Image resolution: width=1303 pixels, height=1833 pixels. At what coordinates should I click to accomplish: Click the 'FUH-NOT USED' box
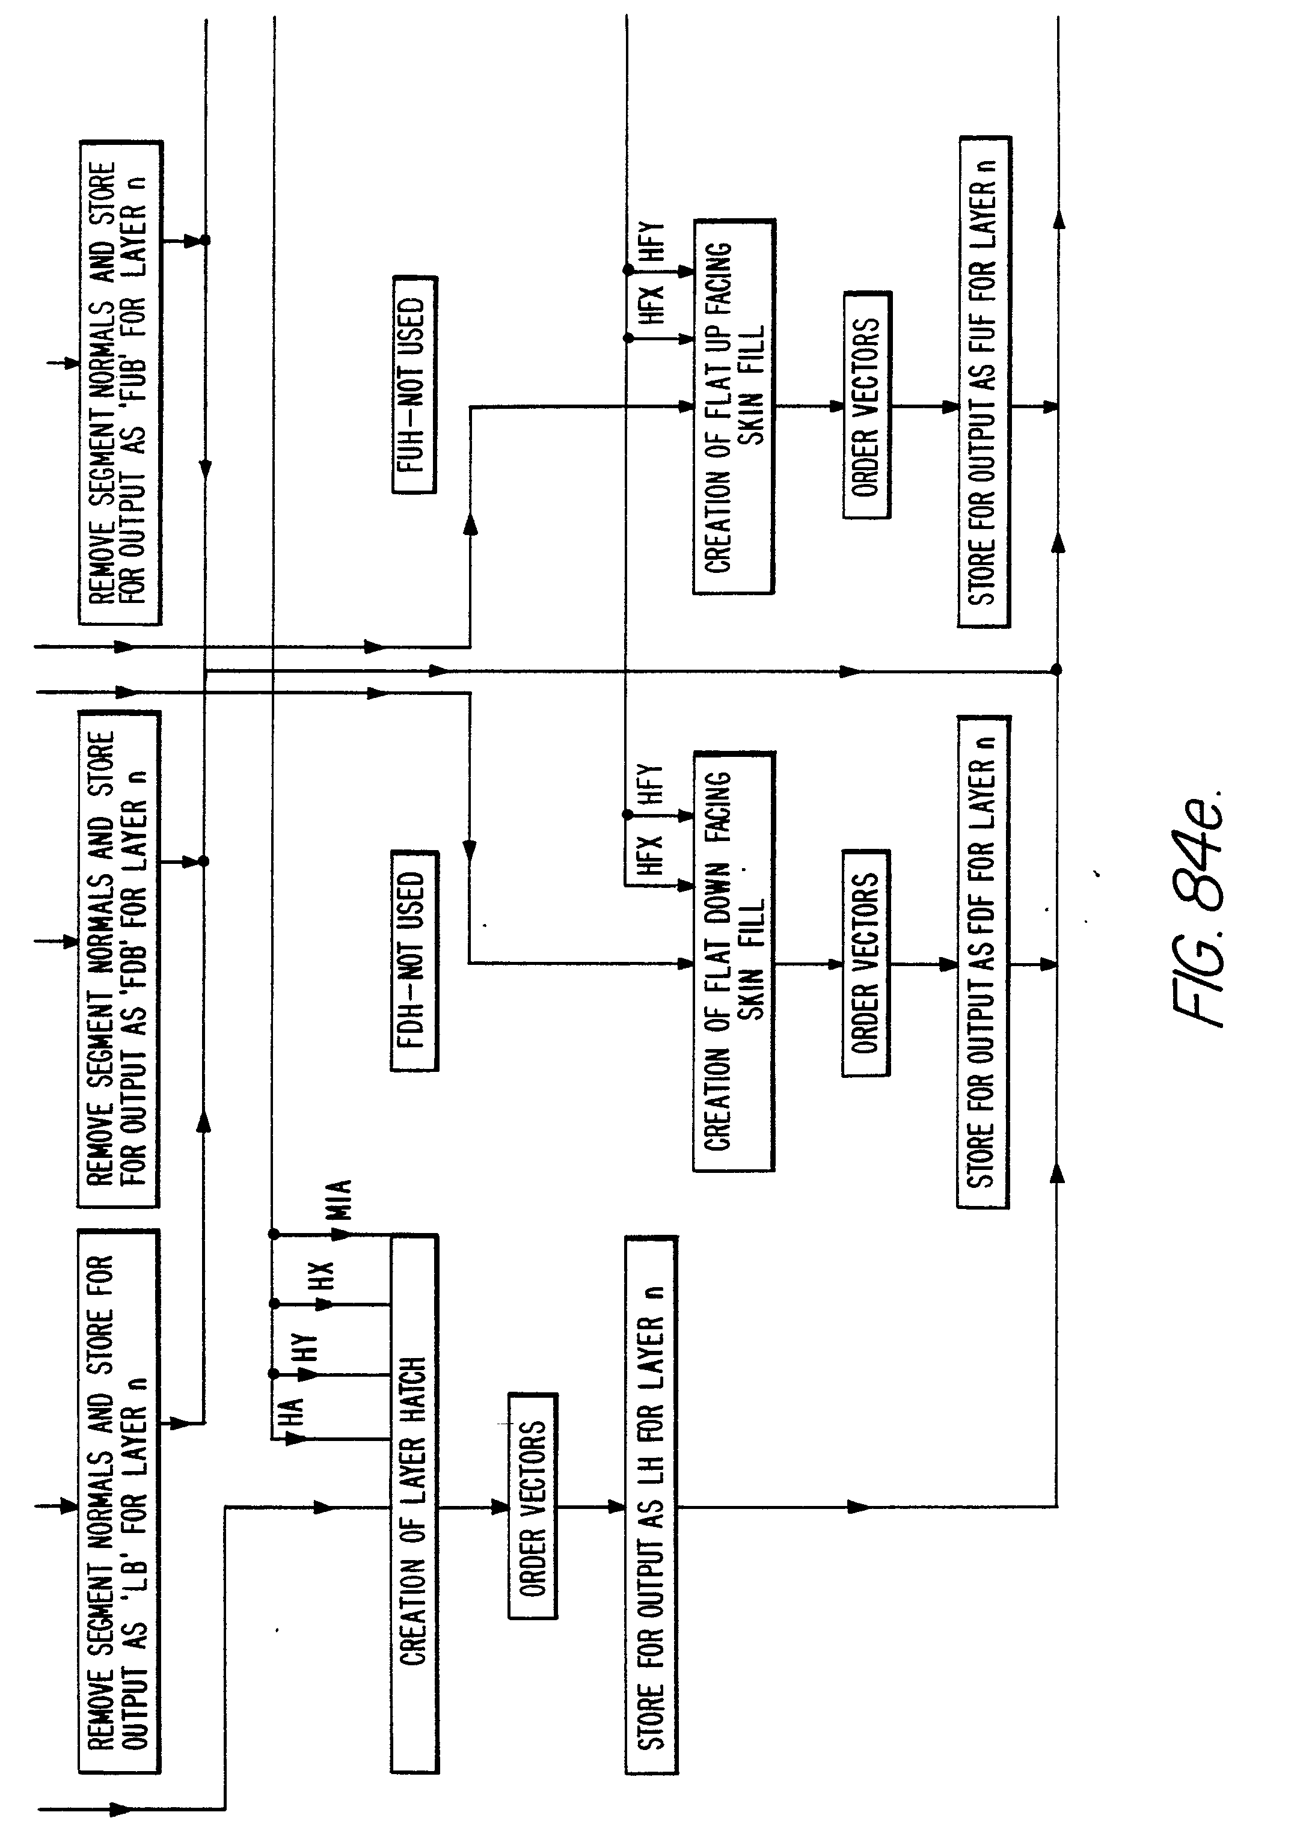pos(414,384)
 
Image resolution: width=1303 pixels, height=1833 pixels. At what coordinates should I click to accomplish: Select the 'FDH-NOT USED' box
pos(414,960)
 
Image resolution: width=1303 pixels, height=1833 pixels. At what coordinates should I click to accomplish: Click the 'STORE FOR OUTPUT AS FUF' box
pos(984,382)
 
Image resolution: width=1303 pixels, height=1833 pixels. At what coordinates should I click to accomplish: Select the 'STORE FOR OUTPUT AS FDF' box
pos(983,961)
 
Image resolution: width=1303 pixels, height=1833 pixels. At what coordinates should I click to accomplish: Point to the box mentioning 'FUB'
pos(120,382)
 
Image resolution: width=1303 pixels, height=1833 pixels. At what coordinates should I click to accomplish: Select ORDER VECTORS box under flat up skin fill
pos(866,405)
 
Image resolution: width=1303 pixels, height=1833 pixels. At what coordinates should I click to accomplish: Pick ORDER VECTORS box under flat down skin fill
pos(866,962)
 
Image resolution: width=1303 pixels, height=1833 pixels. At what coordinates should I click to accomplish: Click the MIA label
pos(340,1199)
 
